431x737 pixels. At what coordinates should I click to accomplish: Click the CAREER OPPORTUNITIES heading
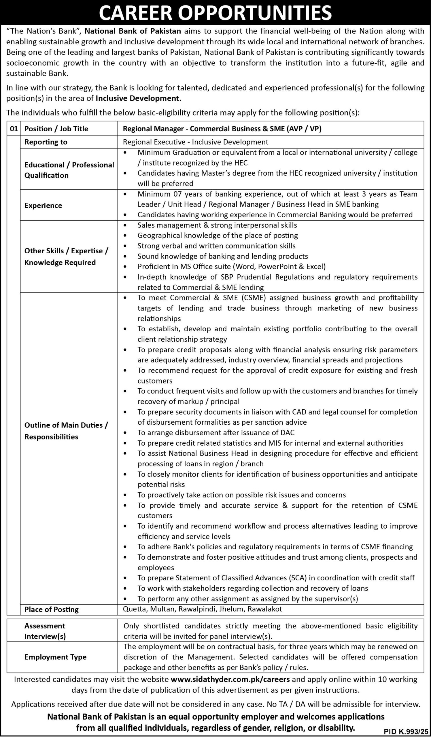[215, 13]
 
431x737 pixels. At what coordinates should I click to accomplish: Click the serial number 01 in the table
[14, 129]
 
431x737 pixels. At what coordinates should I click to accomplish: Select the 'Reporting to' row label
[46, 142]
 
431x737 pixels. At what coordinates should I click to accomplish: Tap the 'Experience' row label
[43, 206]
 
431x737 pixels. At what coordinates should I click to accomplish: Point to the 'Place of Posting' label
[52, 609]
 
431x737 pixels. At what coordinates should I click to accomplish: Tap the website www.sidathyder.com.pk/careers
[230, 679]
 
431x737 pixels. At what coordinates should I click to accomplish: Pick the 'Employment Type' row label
[56, 657]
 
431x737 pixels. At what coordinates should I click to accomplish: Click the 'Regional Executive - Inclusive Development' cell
[195, 142]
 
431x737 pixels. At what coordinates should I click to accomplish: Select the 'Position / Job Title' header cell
[56, 129]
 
